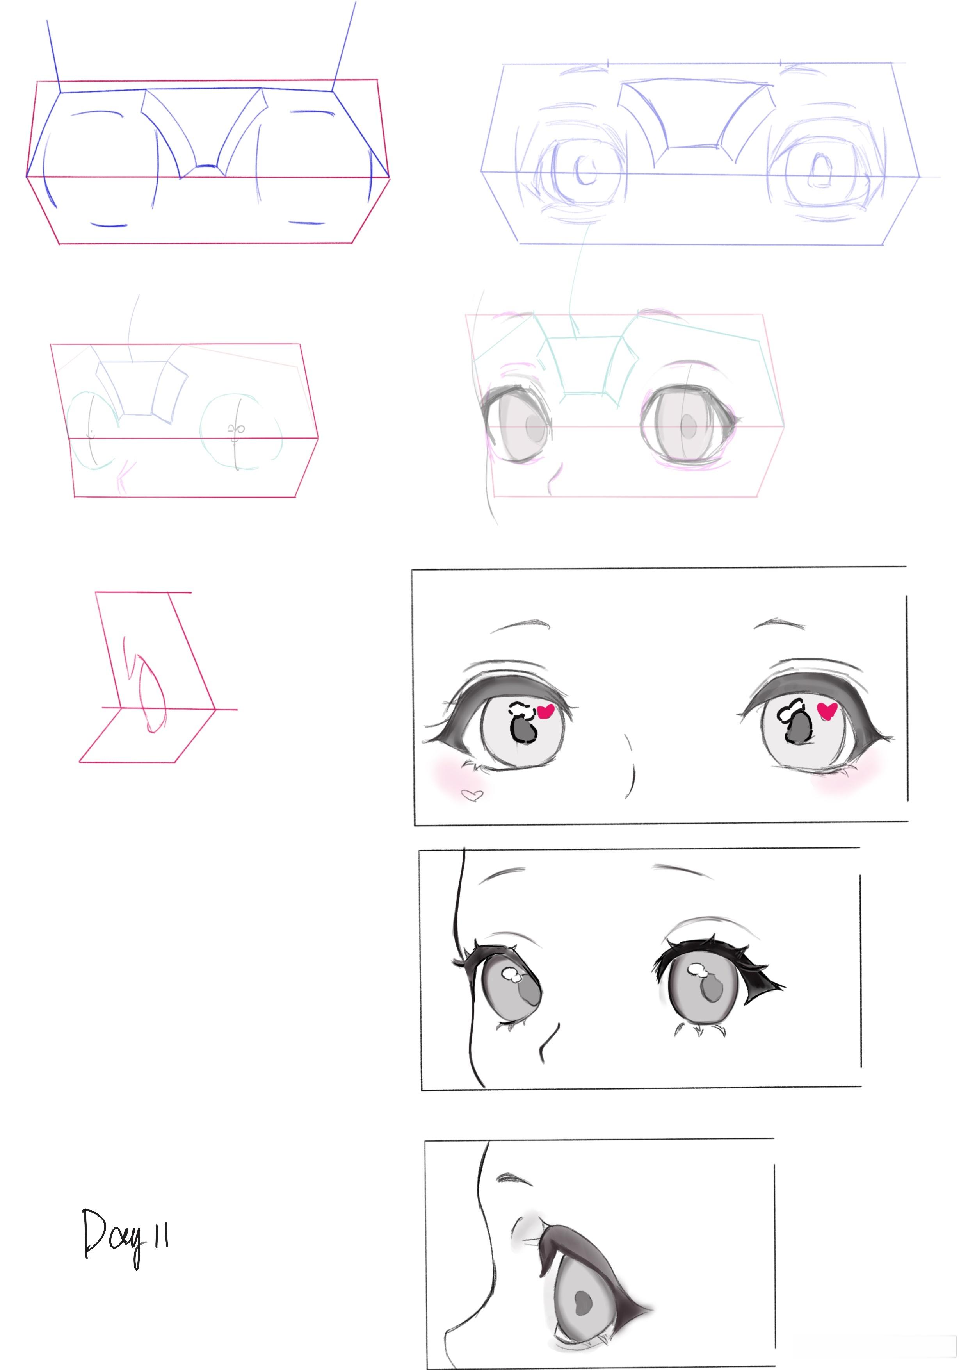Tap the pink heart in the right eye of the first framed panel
click(x=827, y=710)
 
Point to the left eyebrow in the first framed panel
click(x=520, y=626)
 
